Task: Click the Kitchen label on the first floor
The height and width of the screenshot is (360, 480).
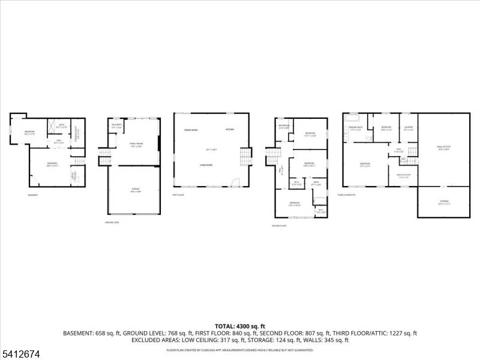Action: (x=230, y=130)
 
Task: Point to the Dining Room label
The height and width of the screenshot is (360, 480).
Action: (x=191, y=130)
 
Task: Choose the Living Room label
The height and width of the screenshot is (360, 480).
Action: (x=208, y=164)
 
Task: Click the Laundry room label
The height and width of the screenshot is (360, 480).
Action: (x=408, y=127)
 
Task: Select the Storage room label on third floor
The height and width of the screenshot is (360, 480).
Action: (x=444, y=202)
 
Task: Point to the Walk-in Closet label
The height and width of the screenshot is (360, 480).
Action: (x=403, y=176)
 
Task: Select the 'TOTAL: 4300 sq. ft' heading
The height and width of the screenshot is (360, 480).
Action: (x=240, y=326)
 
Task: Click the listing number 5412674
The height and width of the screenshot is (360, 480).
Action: (x=20, y=355)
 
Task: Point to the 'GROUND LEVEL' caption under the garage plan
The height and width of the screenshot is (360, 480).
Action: (x=112, y=223)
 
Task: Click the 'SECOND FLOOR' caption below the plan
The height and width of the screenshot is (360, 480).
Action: (x=280, y=226)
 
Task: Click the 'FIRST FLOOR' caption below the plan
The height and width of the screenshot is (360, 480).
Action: (x=178, y=195)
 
